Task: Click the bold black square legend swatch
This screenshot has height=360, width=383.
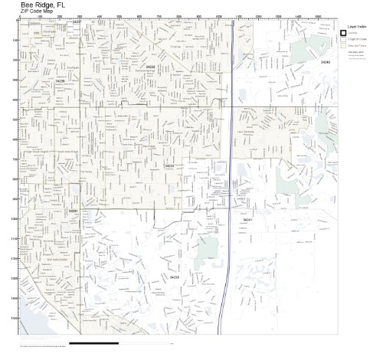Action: coord(343,33)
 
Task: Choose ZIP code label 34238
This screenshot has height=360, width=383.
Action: coord(175,277)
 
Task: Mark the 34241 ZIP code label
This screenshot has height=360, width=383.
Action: coord(247,219)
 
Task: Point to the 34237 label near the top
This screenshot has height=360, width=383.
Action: coord(76,21)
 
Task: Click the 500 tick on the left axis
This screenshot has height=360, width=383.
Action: coord(16,119)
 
